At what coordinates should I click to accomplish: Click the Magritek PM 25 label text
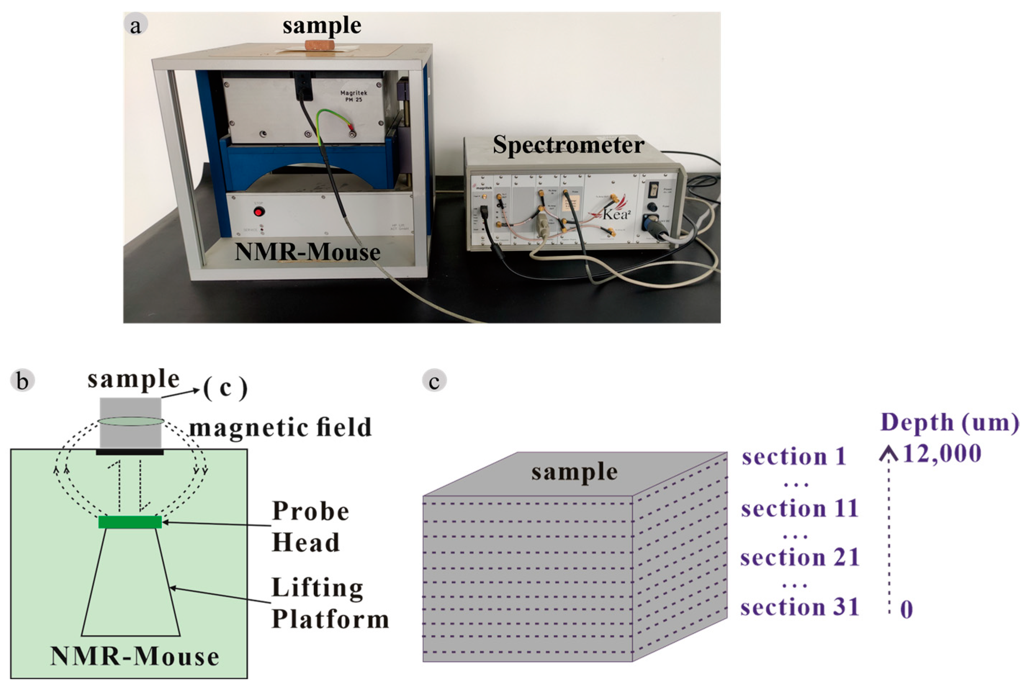(354, 96)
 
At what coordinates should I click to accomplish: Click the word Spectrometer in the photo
(568, 145)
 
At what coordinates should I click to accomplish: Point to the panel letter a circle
(135, 25)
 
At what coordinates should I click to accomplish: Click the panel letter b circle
(22, 381)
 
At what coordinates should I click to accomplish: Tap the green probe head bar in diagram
(130, 522)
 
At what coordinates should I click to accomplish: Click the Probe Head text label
(310, 526)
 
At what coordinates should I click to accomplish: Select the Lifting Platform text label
(329, 603)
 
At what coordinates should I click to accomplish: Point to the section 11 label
(800, 508)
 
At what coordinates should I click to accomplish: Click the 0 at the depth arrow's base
(906, 610)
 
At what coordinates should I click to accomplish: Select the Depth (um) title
(950, 422)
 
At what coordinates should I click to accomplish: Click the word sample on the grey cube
(574, 472)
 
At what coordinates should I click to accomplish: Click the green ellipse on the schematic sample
(131, 421)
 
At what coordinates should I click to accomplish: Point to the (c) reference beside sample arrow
(225, 388)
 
